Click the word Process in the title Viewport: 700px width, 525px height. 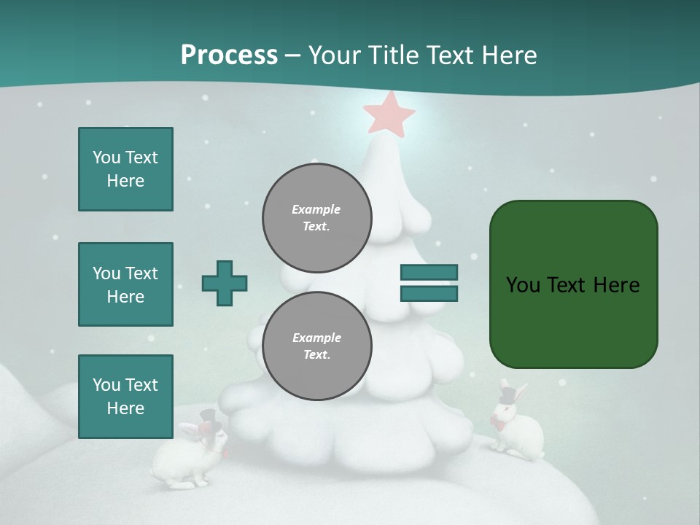pos(229,55)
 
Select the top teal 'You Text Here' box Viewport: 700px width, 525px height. pos(125,169)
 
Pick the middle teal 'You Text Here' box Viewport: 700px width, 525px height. pos(125,284)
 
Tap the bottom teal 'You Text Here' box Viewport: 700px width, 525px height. pos(125,397)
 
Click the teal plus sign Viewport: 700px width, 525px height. pos(225,283)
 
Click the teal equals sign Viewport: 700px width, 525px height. pos(429,283)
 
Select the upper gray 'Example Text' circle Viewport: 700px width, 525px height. pos(316,218)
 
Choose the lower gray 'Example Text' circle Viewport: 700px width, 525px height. pos(316,346)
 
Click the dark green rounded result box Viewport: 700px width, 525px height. pos(573,284)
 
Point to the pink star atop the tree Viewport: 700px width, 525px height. pos(389,113)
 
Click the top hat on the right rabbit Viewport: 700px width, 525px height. pos(508,394)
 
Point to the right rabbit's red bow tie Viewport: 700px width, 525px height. pos(498,423)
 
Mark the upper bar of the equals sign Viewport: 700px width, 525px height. pos(429,273)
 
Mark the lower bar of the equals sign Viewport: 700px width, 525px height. pos(429,293)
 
